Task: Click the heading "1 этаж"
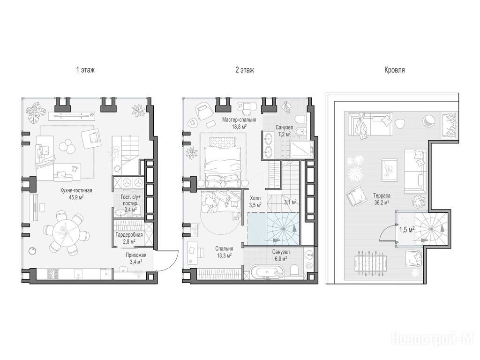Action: point(85,70)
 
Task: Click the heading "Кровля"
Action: point(395,70)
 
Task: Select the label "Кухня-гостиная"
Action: point(76,190)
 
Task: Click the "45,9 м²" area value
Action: point(76,197)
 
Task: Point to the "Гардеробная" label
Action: point(129,235)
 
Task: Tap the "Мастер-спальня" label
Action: point(239,120)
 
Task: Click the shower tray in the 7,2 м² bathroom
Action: point(301,150)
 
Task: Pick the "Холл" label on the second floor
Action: point(255,198)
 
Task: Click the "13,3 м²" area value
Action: point(224,255)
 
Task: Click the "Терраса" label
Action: point(382,195)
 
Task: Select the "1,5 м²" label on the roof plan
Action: point(407,230)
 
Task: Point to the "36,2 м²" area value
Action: point(382,202)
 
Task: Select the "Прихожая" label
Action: point(136,255)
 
